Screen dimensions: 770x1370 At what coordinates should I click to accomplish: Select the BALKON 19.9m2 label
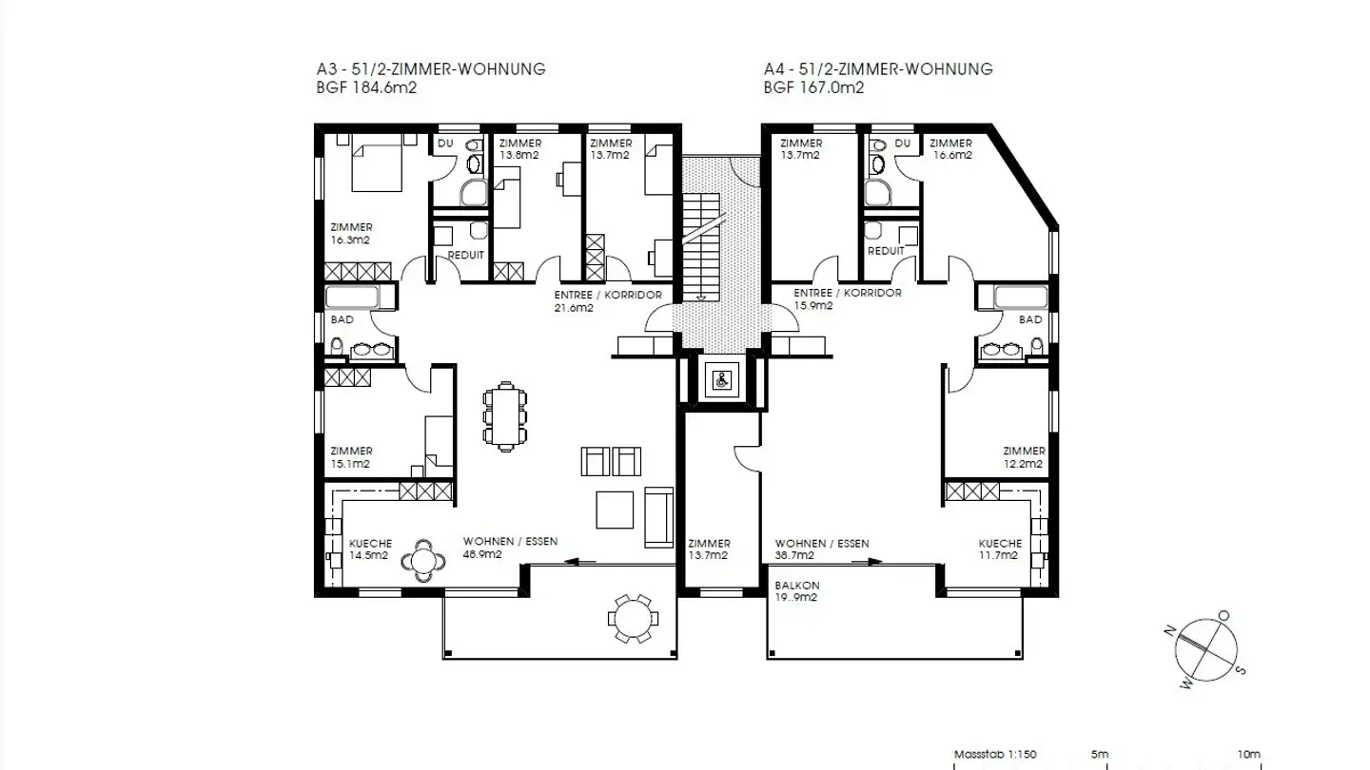coord(797,591)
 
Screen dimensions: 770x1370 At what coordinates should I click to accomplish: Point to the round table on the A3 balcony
coord(633,619)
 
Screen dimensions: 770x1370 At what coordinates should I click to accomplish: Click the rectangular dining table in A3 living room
coord(504,416)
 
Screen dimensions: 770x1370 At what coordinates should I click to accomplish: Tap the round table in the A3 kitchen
coord(423,561)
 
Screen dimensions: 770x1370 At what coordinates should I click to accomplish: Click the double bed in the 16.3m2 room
coord(378,164)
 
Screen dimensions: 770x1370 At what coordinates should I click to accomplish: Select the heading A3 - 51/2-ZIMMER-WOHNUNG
coord(431,69)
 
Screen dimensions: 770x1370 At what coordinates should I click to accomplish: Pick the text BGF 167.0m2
coord(813,87)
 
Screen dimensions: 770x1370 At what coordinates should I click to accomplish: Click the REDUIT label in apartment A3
coord(465,255)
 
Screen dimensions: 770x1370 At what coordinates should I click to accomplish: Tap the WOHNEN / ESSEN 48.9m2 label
coord(510,548)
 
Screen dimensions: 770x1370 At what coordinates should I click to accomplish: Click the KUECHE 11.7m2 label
coord(1000,549)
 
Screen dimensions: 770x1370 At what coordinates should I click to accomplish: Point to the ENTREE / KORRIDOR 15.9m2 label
coord(848,299)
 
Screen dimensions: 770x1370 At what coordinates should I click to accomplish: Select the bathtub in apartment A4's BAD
coord(1020,298)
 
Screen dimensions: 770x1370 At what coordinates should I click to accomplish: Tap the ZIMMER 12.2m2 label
coord(1024,457)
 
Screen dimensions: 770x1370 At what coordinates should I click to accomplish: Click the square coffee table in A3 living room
coord(615,509)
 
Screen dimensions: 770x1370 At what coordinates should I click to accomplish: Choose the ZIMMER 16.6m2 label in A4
coord(950,149)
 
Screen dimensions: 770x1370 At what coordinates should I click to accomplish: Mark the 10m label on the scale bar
coord(1249,755)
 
